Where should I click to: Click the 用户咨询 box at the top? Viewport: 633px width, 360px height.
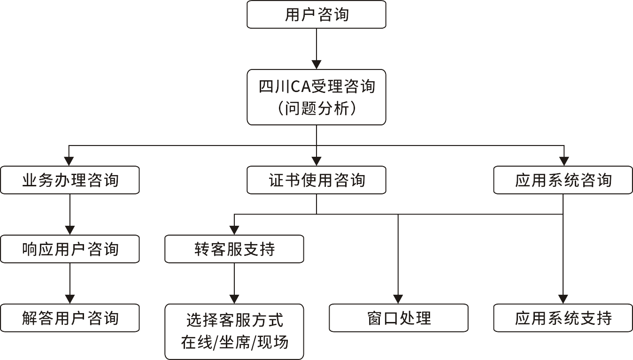pos(316,15)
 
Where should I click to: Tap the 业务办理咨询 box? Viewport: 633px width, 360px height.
pos(70,180)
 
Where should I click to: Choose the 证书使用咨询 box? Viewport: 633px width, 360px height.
pos(316,180)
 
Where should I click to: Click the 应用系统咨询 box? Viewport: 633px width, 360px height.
pos(563,180)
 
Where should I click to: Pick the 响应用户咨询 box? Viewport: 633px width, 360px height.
pos(70,249)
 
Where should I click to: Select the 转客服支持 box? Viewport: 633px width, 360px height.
pos(234,249)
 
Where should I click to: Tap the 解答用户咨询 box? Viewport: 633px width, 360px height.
pos(70,318)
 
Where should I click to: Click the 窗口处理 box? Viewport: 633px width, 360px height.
pos(399,318)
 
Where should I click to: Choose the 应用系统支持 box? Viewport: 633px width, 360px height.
pos(563,318)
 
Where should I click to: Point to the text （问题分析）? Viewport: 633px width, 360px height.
pos(316,109)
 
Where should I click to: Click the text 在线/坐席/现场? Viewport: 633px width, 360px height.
pos(234,343)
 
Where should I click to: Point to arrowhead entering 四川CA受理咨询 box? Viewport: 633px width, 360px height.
pos(316,64)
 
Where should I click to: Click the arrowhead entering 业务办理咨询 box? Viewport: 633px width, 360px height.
pos(70,161)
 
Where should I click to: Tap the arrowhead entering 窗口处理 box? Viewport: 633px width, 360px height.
pos(399,299)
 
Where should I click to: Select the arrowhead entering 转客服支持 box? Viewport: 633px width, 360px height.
pos(234,230)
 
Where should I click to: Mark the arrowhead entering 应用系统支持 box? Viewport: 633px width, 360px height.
pos(563,299)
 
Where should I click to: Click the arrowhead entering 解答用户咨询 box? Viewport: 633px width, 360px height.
pos(70,299)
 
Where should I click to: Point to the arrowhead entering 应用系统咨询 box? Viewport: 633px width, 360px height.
pos(563,161)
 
